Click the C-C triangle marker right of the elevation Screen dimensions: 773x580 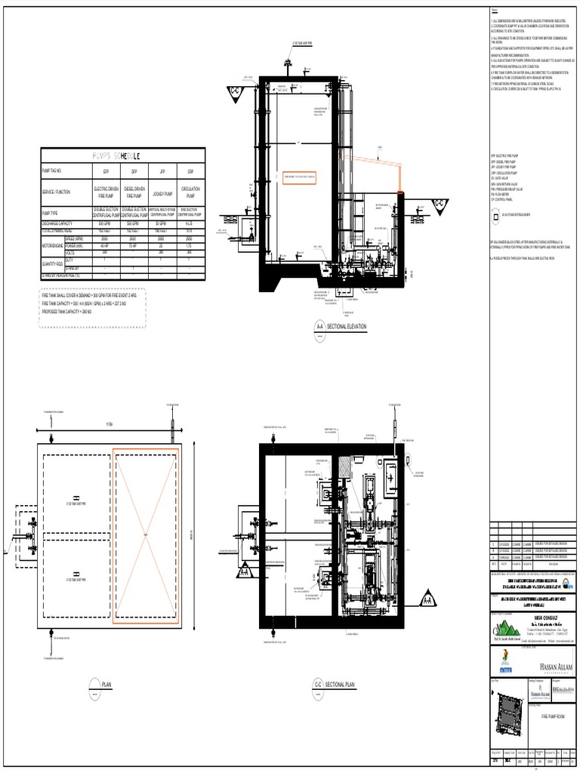point(440,203)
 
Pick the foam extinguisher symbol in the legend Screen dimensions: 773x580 point(495,214)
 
